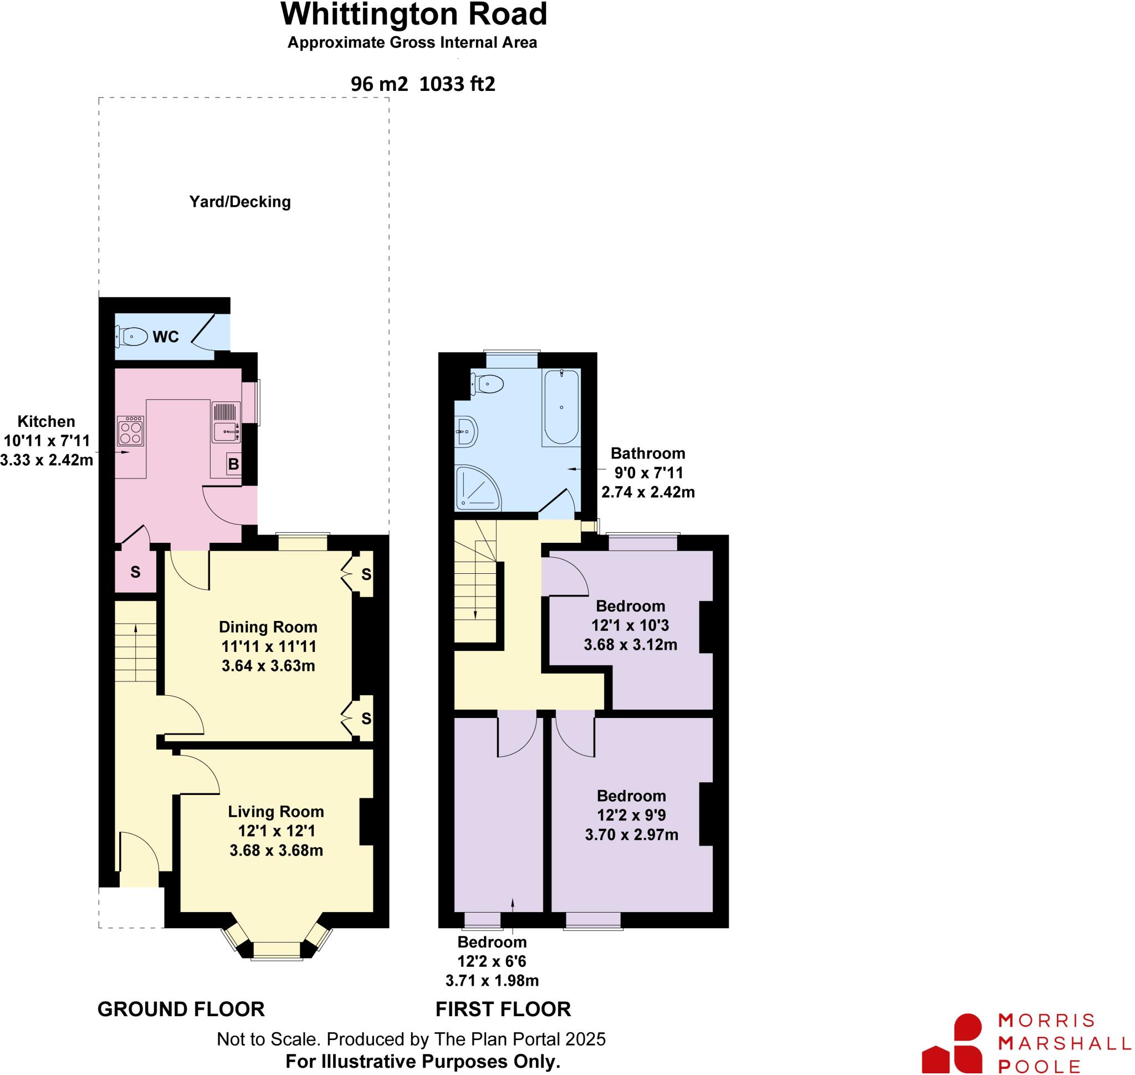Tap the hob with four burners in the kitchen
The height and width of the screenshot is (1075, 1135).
click(130, 431)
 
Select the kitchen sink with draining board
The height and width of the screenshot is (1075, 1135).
click(226, 423)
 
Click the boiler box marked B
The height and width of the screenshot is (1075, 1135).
click(233, 464)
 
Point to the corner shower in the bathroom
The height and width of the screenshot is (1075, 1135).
click(477, 488)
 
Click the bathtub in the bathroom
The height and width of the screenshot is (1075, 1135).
click(561, 407)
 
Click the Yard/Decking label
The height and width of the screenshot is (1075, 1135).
click(240, 202)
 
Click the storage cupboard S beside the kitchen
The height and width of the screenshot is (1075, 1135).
click(135, 572)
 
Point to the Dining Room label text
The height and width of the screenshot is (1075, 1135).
click(268, 627)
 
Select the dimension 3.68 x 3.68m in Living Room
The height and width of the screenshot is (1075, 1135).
click(276, 850)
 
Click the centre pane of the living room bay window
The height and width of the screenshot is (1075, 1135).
click(277, 950)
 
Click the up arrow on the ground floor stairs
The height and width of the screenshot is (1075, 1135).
click(136, 629)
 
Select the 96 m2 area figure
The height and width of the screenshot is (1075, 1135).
click(379, 84)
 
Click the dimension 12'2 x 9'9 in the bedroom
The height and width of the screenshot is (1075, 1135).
click(631, 815)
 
